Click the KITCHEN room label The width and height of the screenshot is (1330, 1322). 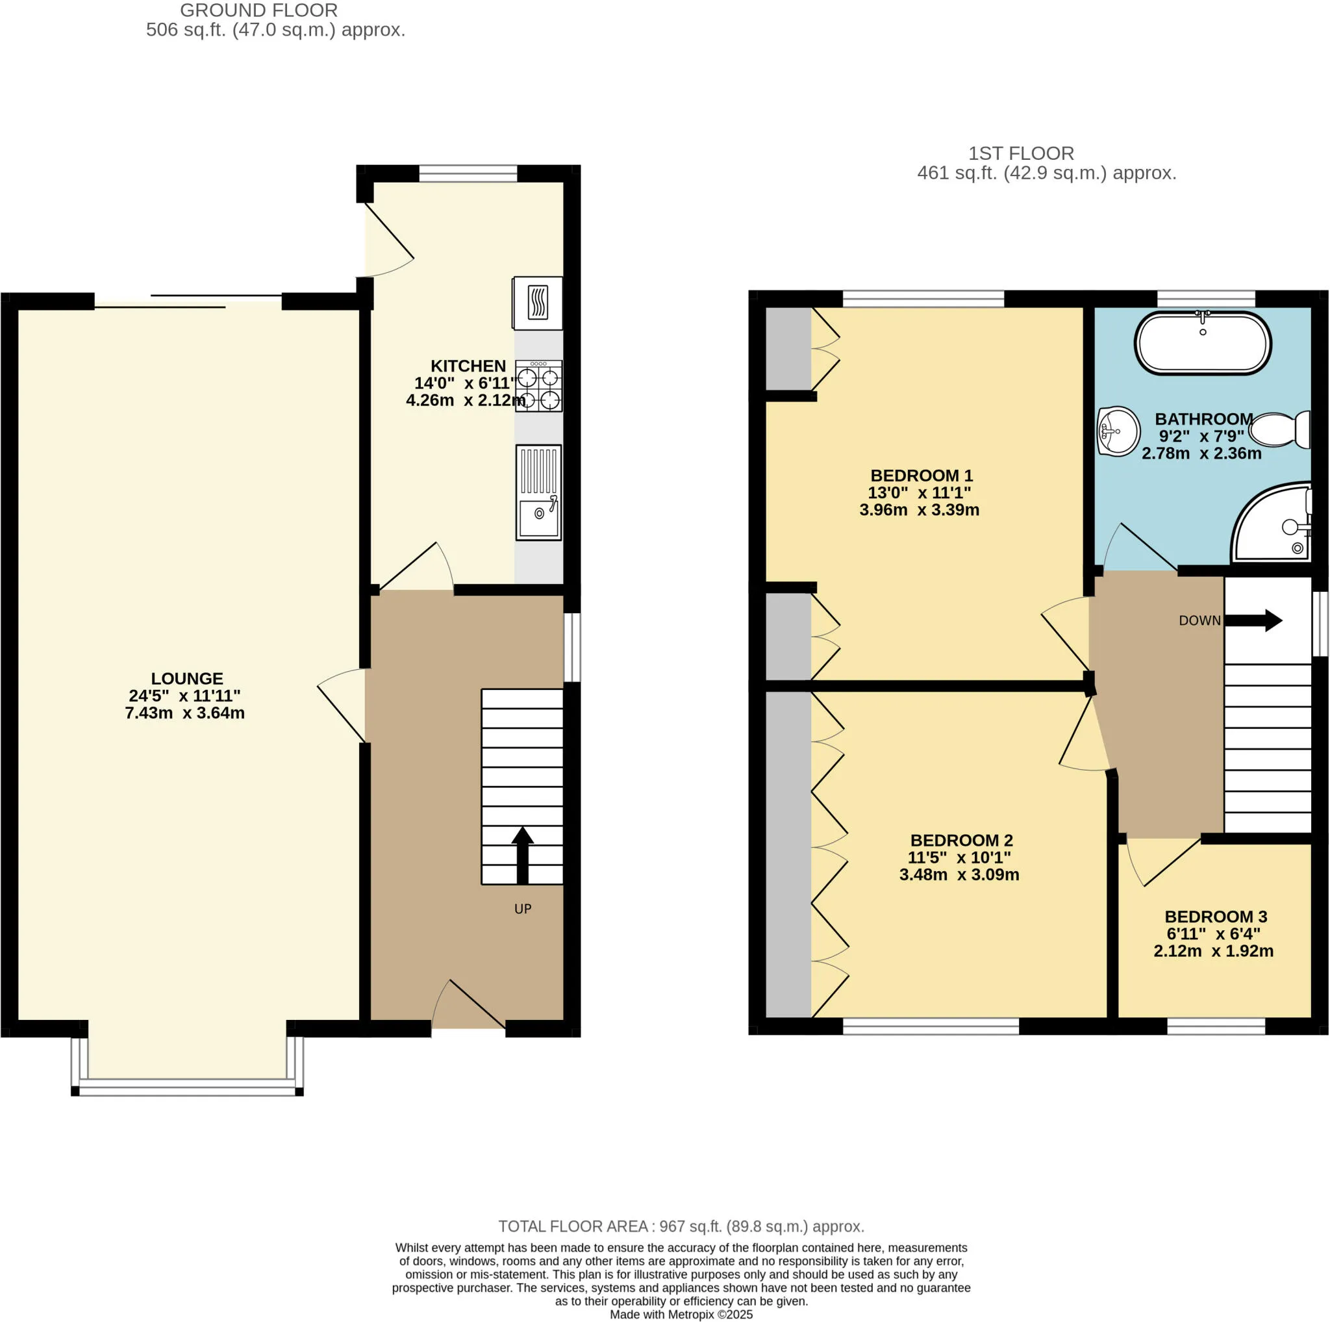tap(468, 366)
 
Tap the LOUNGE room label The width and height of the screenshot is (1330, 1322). tap(187, 678)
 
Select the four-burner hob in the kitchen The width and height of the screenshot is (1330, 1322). tap(539, 387)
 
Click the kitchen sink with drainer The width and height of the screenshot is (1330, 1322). tap(538, 492)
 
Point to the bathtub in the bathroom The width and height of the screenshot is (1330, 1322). tap(1203, 343)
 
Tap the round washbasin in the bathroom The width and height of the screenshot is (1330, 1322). tap(1118, 431)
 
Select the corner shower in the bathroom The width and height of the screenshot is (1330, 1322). tap(1272, 521)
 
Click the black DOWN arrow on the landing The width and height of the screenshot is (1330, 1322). tap(1253, 620)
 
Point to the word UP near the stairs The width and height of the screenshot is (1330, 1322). tap(523, 909)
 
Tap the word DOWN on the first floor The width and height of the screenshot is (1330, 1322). tap(1200, 620)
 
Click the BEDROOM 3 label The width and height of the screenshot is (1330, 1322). tap(1216, 917)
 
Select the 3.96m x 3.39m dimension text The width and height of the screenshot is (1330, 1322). tap(919, 509)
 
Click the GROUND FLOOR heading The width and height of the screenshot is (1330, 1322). tap(259, 10)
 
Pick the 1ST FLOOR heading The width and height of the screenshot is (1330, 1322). tap(1021, 153)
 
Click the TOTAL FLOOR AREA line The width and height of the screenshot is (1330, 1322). tap(681, 1227)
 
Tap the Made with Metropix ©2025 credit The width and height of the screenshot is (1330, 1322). tap(681, 1314)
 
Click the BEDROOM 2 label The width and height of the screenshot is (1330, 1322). tap(962, 840)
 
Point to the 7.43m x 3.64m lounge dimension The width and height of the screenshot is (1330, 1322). tap(184, 713)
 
